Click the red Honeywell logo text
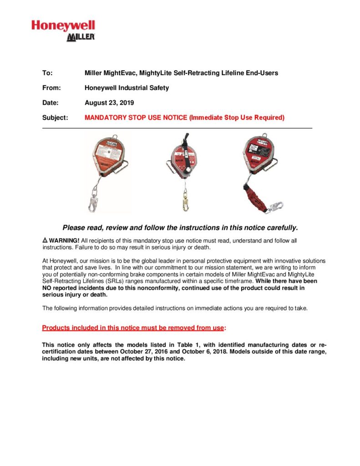point(63,26)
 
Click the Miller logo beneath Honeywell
point(81,37)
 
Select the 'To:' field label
point(47,73)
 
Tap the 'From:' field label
point(51,88)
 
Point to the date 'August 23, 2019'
point(109,103)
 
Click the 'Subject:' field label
point(55,118)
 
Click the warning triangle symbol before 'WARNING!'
point(45,240)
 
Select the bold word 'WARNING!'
point(64,240)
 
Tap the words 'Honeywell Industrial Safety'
point(127,88)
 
